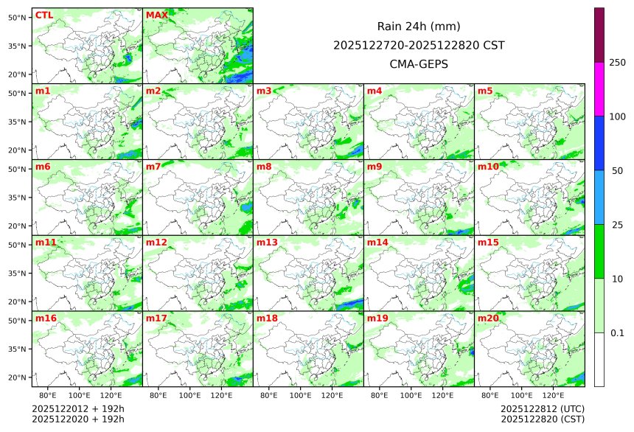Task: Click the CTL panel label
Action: click(x=43, y=15)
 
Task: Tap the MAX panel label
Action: click(x=156, y=15)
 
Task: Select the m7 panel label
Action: click(x=153, y=167)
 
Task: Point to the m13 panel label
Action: click(x=267, y=243)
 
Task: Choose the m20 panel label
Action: click(x=488, y=318)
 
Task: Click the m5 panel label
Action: click(x=485, y=91)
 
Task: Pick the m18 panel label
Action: click(x=267, y=318)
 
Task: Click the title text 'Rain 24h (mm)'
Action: click(x=419, y=27)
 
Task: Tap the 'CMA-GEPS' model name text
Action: click(x=419, y=64)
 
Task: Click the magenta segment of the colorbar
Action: click(x=599, y=88)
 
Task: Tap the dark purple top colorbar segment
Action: click(x=599, y=35)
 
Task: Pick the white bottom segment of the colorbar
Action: click(x=599, y=359)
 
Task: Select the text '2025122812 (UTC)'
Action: click(x=543, y=408)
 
